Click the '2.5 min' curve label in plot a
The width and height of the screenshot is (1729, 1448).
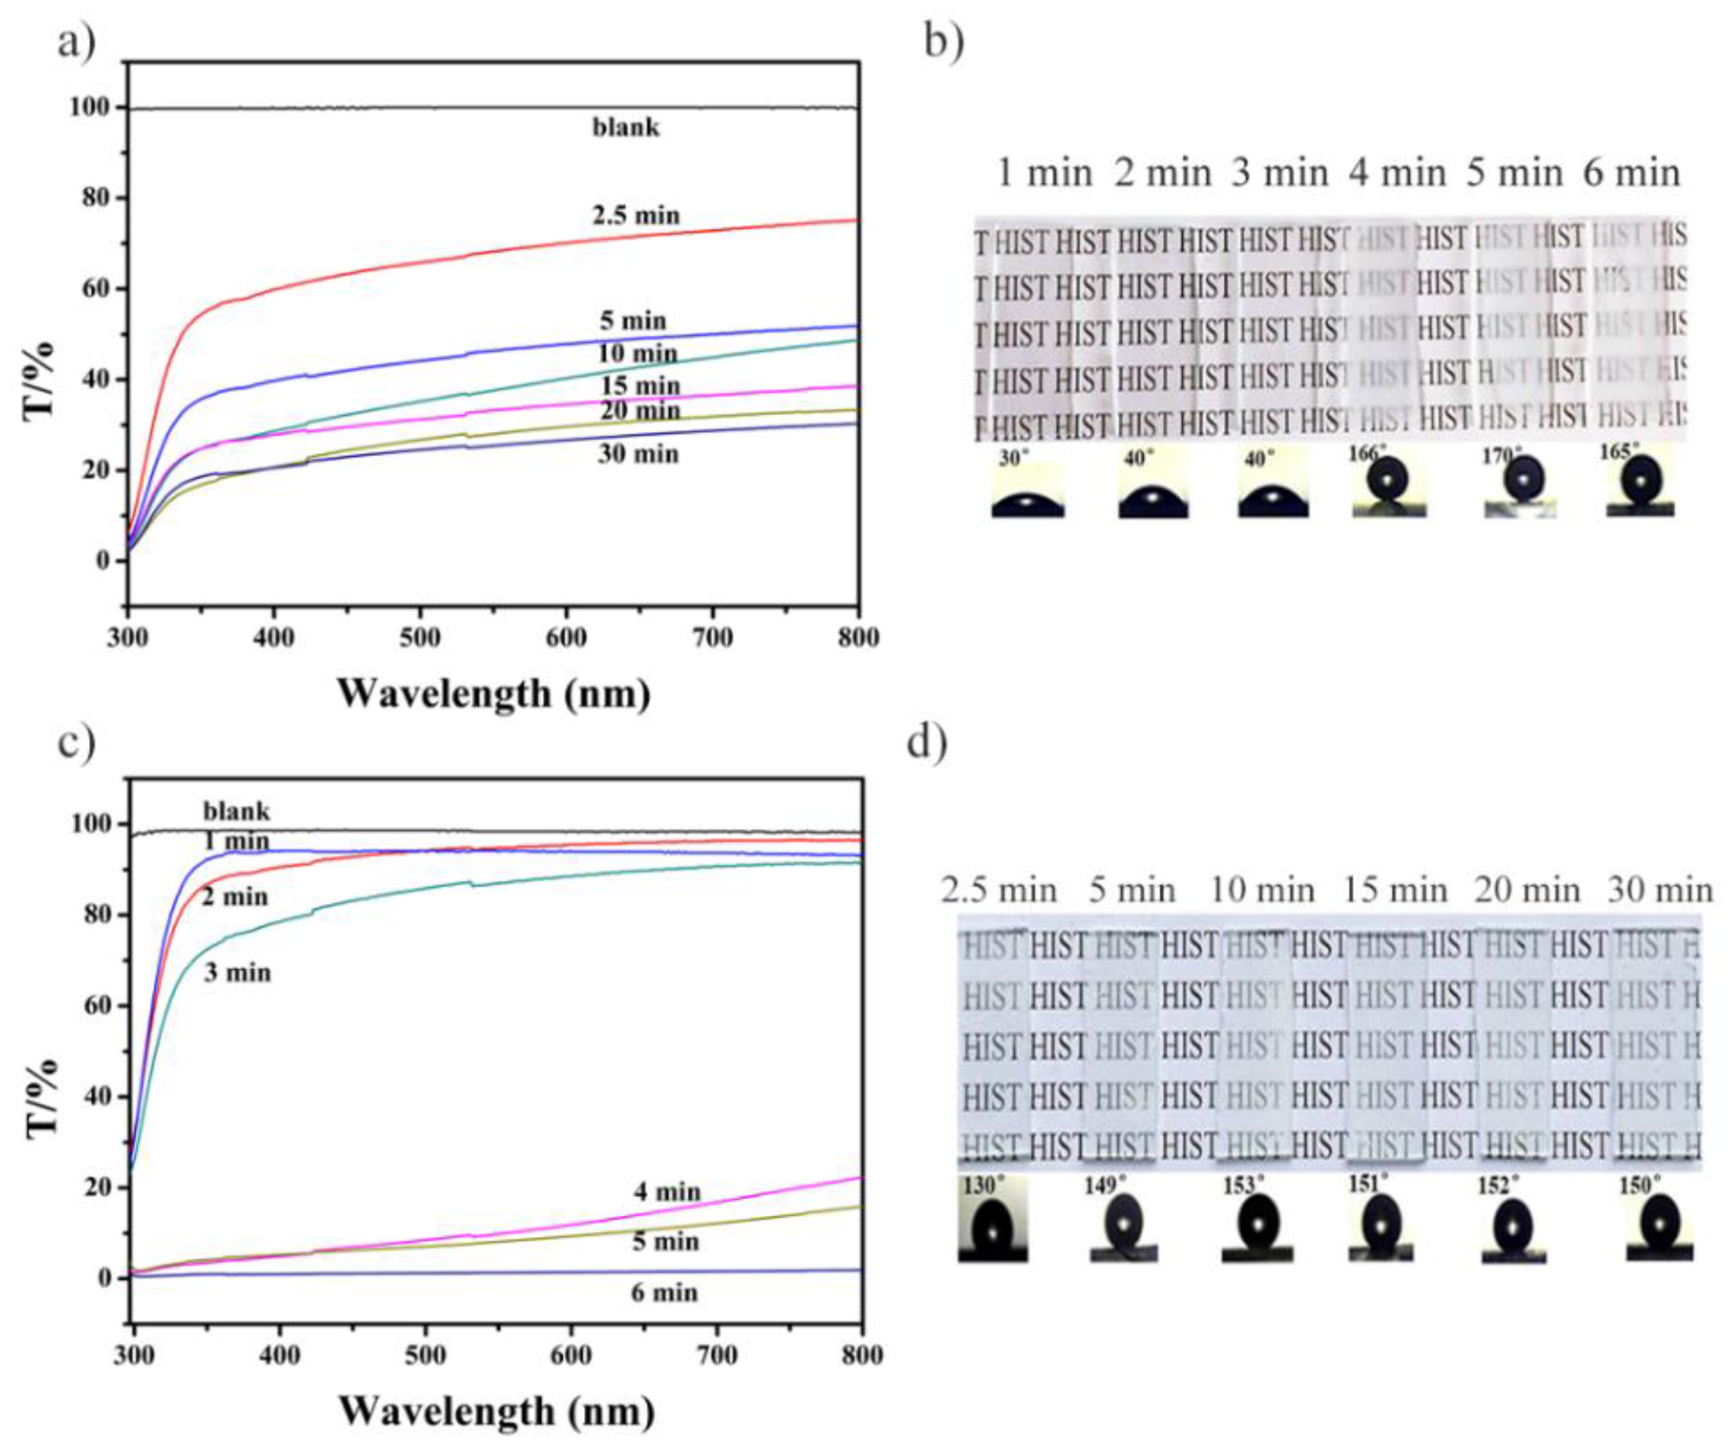(636, 215)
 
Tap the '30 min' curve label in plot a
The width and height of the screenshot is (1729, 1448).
(638, 454)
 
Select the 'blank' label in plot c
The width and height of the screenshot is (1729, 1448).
(236, 811)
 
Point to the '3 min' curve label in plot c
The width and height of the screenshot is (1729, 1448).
(237, 973)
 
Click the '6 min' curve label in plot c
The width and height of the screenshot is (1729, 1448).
(665, 1292)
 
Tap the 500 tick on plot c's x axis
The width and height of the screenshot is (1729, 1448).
(425, 1355)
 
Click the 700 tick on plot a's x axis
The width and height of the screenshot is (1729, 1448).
(712, 638)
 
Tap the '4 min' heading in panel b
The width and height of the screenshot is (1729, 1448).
(1397, 174)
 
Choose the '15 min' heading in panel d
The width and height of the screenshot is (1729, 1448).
(1396, 890)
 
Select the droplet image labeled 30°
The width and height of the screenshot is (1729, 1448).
(1028, 489)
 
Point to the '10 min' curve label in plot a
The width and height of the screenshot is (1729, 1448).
(637, 354)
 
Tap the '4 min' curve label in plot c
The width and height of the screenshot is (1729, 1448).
(667, 1192)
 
